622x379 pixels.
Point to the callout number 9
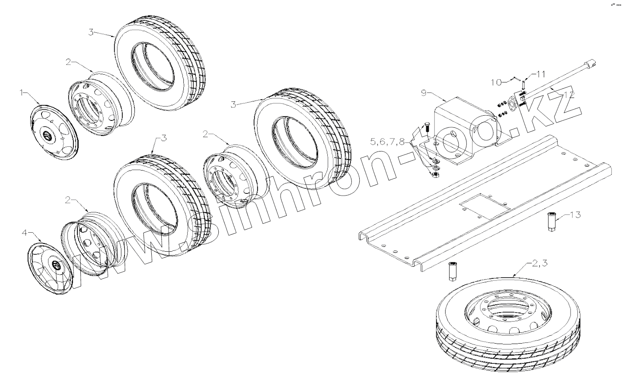point(424,92)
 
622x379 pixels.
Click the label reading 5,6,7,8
point(388,142)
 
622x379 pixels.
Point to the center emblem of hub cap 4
point(55,265)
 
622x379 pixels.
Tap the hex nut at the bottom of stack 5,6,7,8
point(435,174)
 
